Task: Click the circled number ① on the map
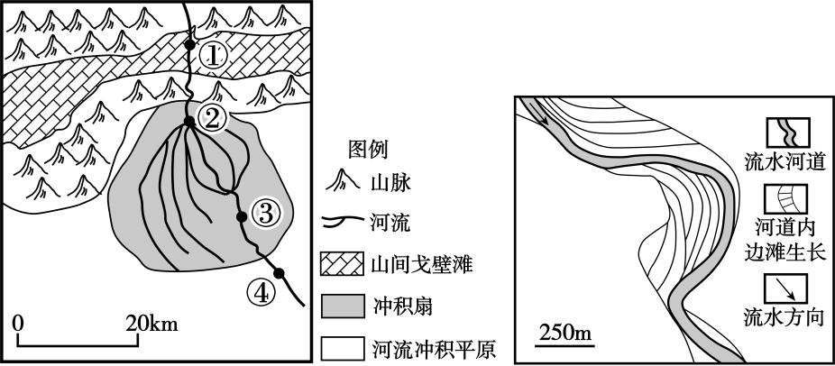tap(213, 56)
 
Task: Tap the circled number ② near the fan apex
tap(213, 116)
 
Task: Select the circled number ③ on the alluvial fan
tap(266, 214)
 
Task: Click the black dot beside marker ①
tap(190, 42)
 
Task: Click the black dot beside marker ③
tap(242, 216)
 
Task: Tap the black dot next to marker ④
tap(280, 272)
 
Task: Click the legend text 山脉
tap(390, 184)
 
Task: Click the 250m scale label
tap(566, 335)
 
